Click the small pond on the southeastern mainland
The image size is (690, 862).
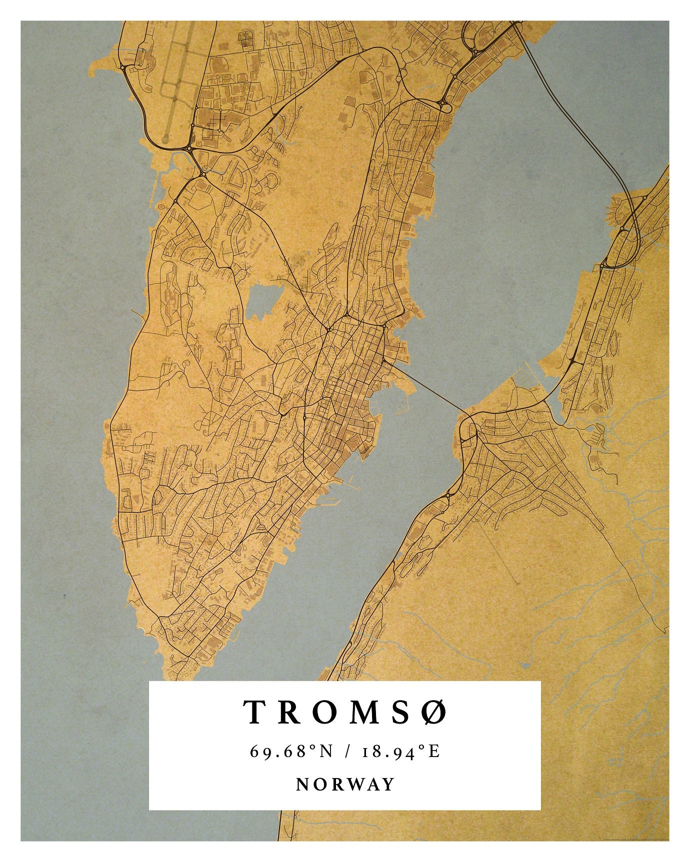click(525, 665)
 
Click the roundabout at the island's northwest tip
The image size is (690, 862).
click(122, 66)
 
